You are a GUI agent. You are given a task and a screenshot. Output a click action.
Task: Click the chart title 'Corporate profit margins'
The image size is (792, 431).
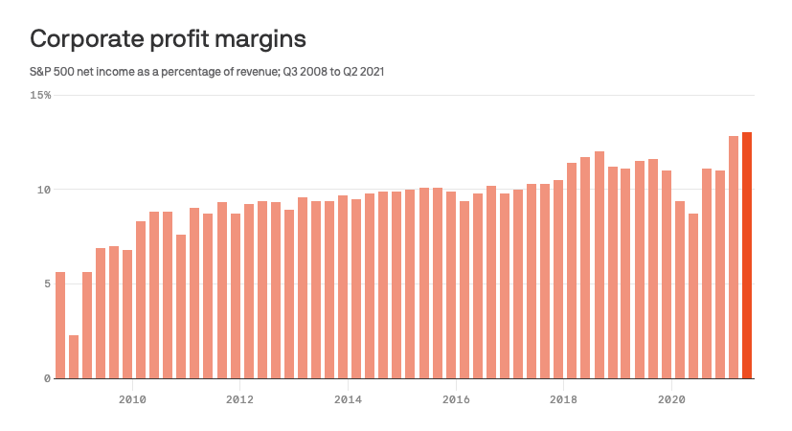point(168,39)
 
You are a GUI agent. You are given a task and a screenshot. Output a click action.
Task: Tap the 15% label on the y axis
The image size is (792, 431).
point(40,96)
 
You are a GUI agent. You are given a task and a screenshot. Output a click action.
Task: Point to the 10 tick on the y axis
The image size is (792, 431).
point(44,190)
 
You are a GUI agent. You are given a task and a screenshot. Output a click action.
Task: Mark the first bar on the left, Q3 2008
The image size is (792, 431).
point(60,326)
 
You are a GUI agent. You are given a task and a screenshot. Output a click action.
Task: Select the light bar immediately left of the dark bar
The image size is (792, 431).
point(734,258)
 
